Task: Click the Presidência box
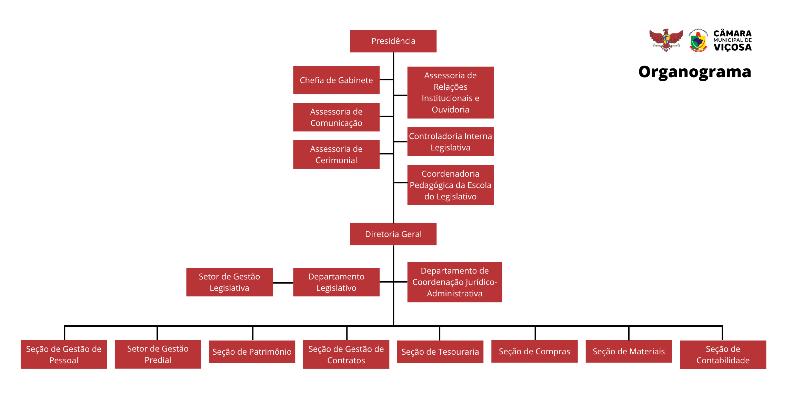[x=393, y=41]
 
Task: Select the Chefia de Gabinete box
[x=336, y=80]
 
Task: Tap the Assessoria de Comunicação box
[x=336, y=117]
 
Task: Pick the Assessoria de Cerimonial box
[x=336, y=154]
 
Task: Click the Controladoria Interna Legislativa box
[x=450, y=142]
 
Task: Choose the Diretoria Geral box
[x=393, y=234]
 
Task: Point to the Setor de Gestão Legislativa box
[x=229, y=282]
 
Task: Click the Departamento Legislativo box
[x=336, y=282]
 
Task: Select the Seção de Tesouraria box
[x=440, y=352]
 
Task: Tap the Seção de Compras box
[x=534, y=351]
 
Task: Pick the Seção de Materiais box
[x=629, y=351]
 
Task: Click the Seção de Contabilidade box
[x=723, y=355]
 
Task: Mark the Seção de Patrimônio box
[x=252, y=352]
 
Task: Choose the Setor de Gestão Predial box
[x=158, y=354]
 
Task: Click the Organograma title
[x=694, y=72]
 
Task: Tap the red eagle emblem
[x=666, y=40]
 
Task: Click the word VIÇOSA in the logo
[x=732, y=47]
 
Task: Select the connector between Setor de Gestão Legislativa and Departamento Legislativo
[x=283, y=283]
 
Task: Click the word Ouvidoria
[x=450, y=110]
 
